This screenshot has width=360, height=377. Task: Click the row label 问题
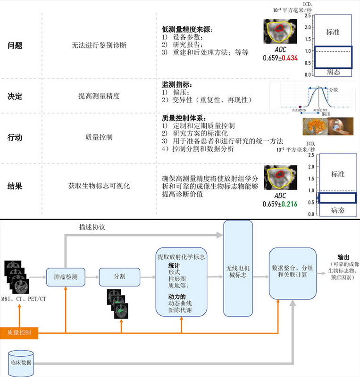pos(15,46)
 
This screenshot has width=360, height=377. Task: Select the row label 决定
pos(15,96)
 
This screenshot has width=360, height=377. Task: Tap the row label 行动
pos(15,138)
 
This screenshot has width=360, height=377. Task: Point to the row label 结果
pos(15,186)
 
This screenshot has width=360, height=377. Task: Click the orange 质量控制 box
pos(19,333)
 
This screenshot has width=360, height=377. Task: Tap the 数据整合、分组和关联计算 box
pos(292,274)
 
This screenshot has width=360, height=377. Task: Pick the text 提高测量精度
pos(99,96)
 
